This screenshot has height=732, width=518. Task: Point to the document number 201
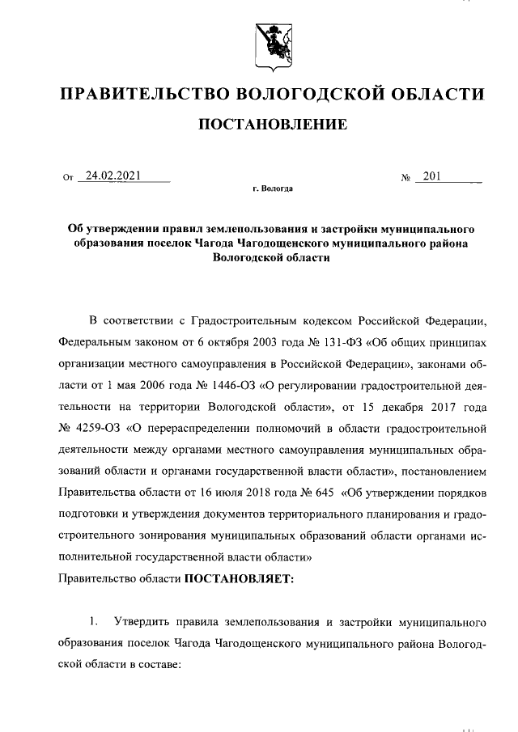tap(431, 175)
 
